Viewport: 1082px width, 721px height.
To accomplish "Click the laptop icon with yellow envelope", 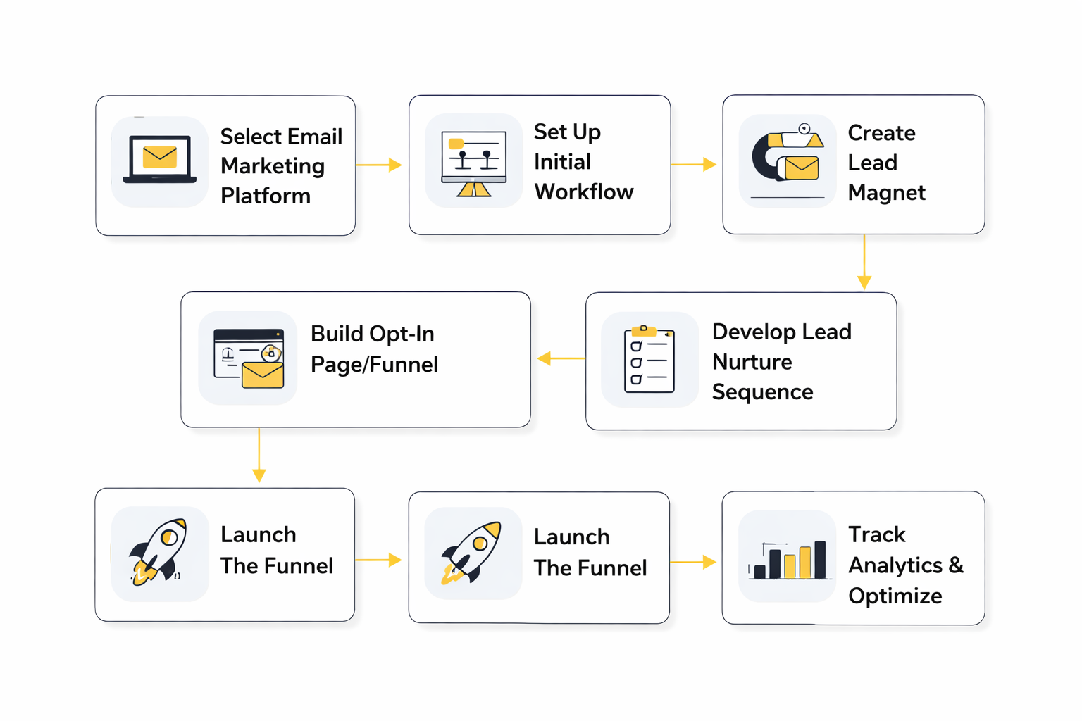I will [x=160, y=161].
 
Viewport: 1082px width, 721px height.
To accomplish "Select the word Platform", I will [x=265, y=196].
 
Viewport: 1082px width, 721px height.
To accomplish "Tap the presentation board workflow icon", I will [x=473, y=162].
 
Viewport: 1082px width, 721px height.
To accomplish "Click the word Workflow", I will [x=583, y=192].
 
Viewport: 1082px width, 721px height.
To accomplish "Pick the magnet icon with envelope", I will [x=787, y=158].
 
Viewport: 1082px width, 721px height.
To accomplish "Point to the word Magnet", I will [x=886, y=192].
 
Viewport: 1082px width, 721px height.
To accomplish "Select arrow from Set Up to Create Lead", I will [x=694, y=164].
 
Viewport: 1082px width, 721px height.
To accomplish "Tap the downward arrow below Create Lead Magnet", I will [x=864, y=263].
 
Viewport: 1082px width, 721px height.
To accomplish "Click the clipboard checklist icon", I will [x=649, y=359].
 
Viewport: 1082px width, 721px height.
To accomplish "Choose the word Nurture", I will [x=752, y=362].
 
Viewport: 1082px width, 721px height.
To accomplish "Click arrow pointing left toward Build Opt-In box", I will [x=561, y=358].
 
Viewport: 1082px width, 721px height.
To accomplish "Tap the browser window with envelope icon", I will [x=248, y=358].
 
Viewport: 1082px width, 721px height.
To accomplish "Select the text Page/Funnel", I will [x=374, y=365].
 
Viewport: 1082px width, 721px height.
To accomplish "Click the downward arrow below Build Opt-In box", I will [x=259, y=456].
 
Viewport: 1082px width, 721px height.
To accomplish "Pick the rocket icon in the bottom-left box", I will [x=159, y=553].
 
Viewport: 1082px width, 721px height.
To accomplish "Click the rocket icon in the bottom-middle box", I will [x=473, y=553].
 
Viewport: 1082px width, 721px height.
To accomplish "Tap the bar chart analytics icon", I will [x=787, y=559].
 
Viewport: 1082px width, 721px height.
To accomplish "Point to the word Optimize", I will [x=895, y=596].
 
